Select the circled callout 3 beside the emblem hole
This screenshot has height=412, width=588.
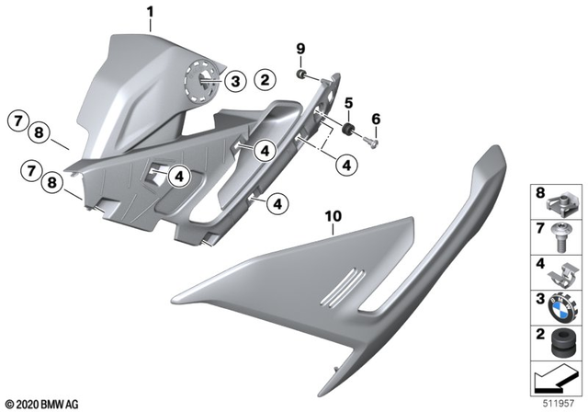233,83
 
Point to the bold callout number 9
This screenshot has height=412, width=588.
300,48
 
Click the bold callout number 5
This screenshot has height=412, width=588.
347,102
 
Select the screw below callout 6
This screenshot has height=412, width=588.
372,141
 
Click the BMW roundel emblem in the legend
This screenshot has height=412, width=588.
560,303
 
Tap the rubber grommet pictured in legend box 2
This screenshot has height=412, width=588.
560,339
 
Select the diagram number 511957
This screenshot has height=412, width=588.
554,401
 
